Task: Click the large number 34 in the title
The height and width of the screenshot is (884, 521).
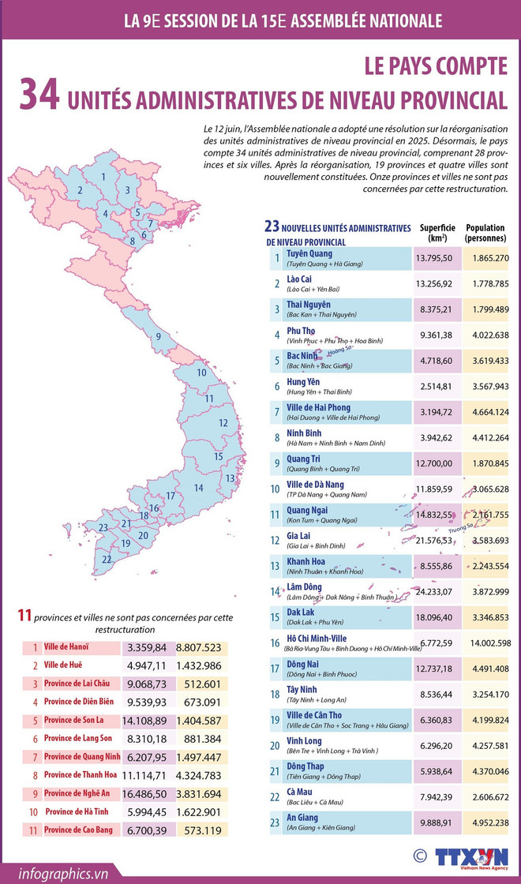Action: [39, 94]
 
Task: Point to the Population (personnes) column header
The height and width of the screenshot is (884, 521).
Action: [485, 231]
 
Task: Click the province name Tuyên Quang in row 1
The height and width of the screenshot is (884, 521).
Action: [309, 253]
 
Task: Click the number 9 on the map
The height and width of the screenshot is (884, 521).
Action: [159, 337]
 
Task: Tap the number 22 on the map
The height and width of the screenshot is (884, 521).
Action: [107, 560]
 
